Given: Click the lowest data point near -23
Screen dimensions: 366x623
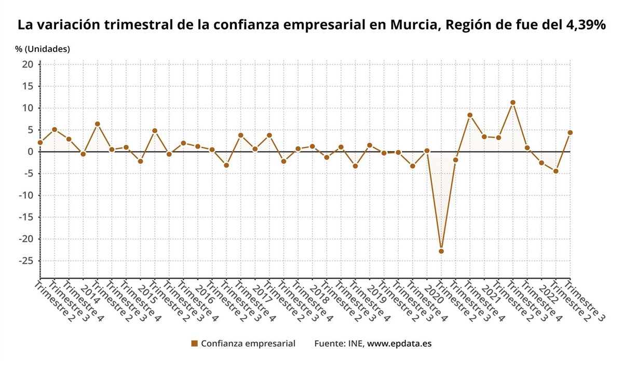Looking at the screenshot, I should coord(441,251).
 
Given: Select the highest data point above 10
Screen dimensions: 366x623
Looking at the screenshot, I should coord(513,102).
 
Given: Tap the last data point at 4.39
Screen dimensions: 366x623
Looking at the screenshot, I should coord(570,132).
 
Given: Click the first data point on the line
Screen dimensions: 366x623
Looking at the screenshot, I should coord(40,142).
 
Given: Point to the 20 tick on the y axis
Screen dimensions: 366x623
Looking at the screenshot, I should coord(28,64).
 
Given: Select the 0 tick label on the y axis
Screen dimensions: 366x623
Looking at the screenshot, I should coord(30,152).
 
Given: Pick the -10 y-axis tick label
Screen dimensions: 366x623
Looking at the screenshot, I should coord(25,195).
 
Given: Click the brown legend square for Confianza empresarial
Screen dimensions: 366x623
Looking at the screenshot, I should coord(195,343).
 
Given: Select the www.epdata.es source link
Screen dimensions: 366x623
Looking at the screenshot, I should coord(399,343).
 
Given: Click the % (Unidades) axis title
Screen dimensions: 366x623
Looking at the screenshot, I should coord(43,49).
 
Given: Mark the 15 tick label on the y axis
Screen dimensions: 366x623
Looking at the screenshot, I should coord(28,86).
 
